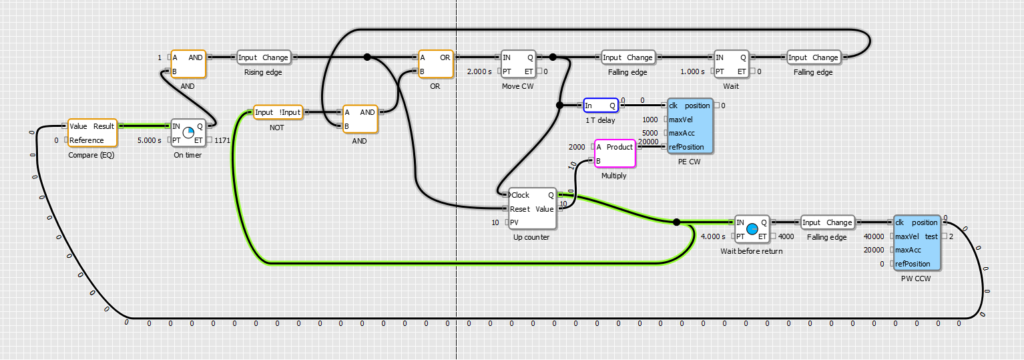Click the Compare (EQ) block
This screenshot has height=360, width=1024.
pos(92,133)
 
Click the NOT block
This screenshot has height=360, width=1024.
pos(277,112)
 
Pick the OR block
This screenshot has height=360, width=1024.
pos(435,63)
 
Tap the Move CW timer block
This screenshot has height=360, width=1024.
pos(518,63)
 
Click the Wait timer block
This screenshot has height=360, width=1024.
pos(731,63)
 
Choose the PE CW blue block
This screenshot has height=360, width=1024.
pos(690,126)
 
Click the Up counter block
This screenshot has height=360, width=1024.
pos(531,208)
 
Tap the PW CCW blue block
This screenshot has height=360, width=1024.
pos(916,242)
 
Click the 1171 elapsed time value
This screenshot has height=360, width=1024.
pos(223,140)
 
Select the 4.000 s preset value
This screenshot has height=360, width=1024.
pos(712,236)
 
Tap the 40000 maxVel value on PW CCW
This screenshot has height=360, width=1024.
pos(873,236)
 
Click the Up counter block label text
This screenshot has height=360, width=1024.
pos(531,237)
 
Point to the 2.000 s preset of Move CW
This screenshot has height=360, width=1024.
pos(480,71)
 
